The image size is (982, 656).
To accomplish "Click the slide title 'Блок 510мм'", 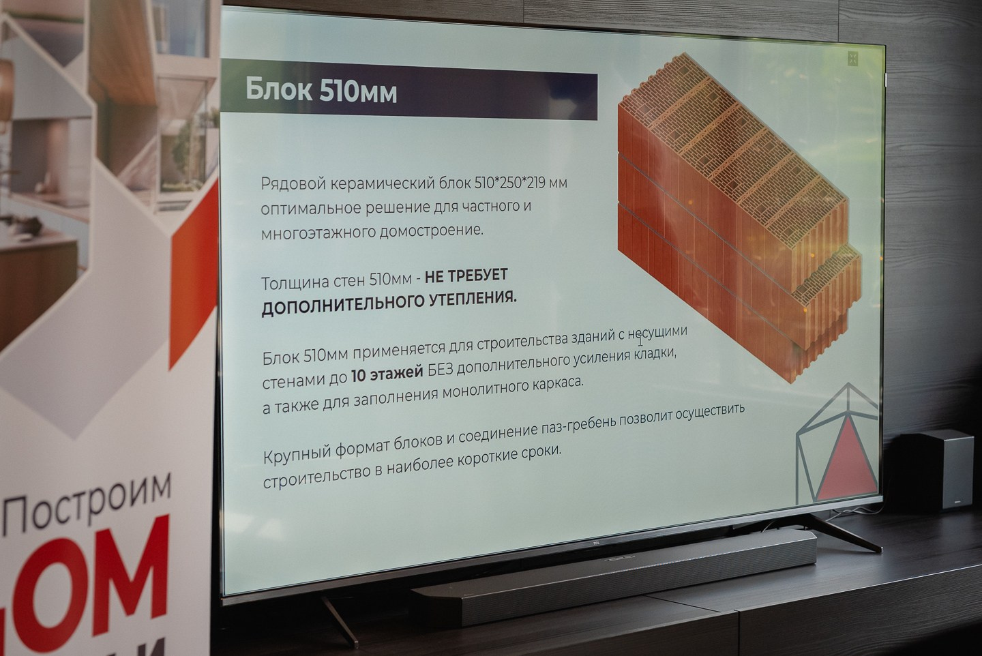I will [x=321, y=90].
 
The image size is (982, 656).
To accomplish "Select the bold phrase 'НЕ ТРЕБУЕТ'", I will [x=466, y=276].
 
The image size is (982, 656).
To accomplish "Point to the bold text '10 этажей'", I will [x=387, y=374].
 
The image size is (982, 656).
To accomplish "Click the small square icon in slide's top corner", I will [x=853, y=59].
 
